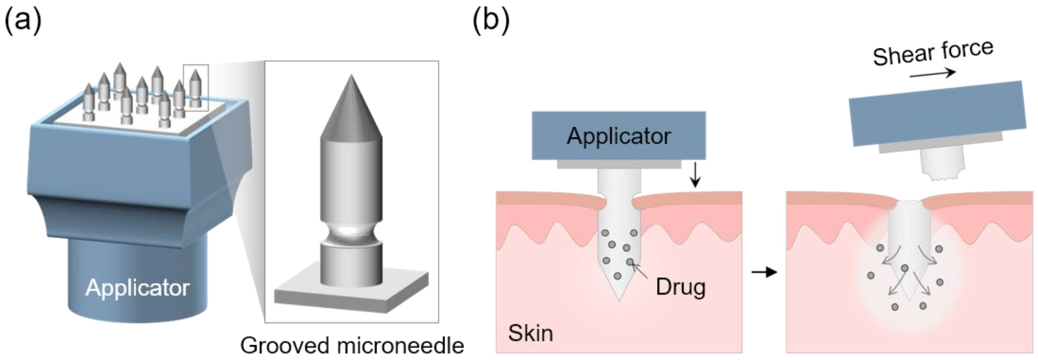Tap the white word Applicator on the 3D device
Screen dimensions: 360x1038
(x=137, y=288)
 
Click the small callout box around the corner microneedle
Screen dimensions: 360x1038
(x=196, y=87)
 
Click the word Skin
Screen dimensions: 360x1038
(x=530, y=333)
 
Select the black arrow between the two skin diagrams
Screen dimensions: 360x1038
(x=764, y=273)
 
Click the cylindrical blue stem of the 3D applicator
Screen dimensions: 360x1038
(x=137, y=278)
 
